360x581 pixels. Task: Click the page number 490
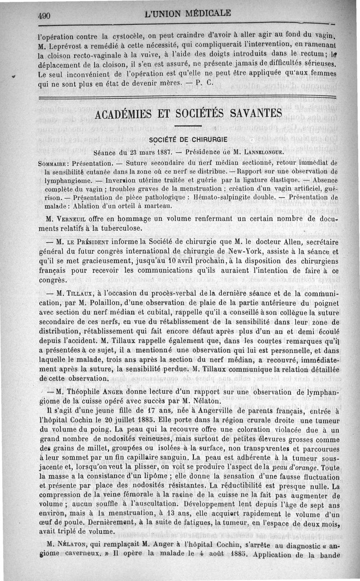tap(44, 15)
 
